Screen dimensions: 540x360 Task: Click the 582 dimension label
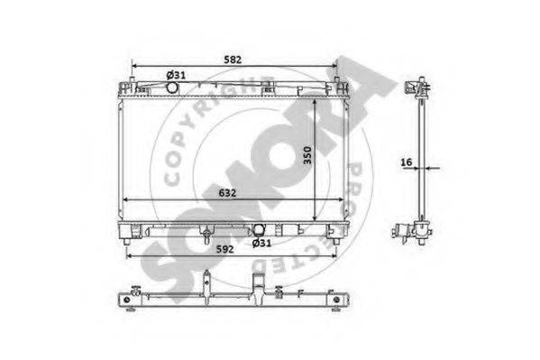click(x=233, y=60)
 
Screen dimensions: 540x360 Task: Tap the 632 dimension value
click(x=227, y=193)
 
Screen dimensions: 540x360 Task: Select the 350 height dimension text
click(x=307, y=155)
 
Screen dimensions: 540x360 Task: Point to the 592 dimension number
click(x=224, y=249)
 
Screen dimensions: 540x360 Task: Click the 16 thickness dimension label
click(x=407, y=162)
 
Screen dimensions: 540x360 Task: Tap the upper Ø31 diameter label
click(x=176, y=75)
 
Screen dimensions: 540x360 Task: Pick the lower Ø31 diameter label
click(x=261, y=243)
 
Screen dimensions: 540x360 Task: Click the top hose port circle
click(x=172, y=87)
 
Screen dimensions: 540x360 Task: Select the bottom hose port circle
click(x=259, y=230)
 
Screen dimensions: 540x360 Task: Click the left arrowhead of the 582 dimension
click(x=134, y=66)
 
